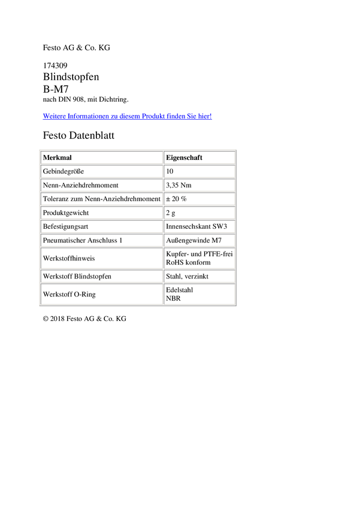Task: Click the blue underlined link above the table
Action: (x=128, y=116)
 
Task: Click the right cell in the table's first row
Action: (x=199, y=157)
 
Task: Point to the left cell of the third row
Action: (x=101, y=184)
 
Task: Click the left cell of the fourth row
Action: (x=101, y=198)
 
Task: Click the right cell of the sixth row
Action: (x=199, y=226)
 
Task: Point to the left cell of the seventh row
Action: (x=101, y=240)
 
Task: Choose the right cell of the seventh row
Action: (x=199, y=240)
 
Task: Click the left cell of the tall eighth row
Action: (x=101, y=257)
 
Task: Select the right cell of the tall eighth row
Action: (x=199, y=257)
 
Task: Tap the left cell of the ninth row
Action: (x=101, y=275)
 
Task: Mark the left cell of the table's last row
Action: (x=101, y=293)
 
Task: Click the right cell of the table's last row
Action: (x=199, y=293)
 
